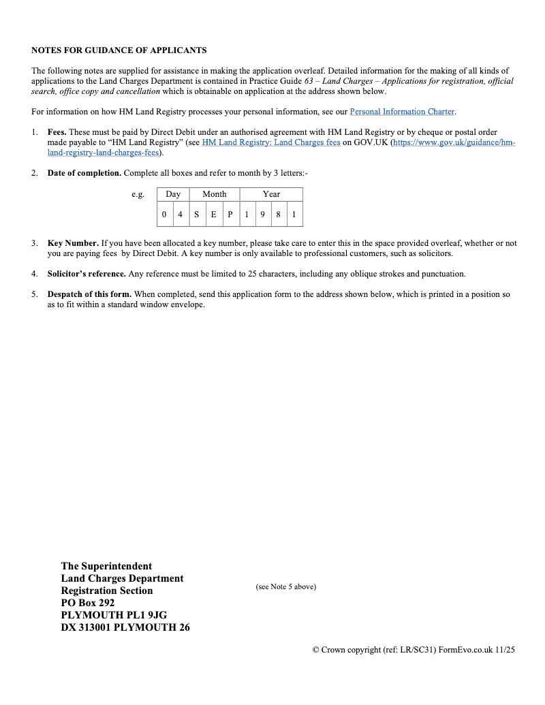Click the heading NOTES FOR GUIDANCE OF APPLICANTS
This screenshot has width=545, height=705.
coord(119,50)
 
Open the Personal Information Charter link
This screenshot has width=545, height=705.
coord(402,112)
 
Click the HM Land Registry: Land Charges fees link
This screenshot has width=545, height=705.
coord(271,142)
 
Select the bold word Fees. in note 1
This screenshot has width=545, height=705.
coord(57,132)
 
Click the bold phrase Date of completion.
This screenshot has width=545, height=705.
coord(84,173)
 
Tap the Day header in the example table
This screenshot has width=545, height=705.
coord(173,194)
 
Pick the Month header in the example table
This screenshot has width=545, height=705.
coord(215,194)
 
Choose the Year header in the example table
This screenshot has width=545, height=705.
coord(271,194)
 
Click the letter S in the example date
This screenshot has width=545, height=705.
coord(197,215)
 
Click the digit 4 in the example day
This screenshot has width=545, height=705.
coord(180,215)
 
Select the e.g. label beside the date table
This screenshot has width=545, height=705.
coord(138,195)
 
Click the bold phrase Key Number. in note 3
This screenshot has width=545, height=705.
coord(73,243)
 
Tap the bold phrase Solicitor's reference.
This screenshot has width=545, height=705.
coord(87,274)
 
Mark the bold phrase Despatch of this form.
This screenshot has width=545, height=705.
coord(89,294)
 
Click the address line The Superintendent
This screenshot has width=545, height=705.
coord(106,566)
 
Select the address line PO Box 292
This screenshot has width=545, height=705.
coord(88,603)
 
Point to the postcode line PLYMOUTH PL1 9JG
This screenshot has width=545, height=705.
coord(114,615)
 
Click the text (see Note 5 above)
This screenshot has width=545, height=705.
coord(286,586)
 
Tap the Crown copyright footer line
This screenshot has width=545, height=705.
coord(414,650)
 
